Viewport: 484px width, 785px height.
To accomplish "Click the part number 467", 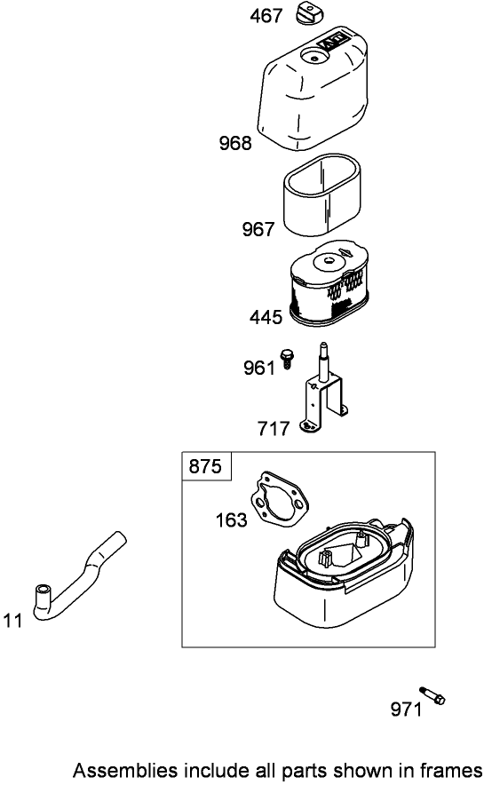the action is [x=266, y=16].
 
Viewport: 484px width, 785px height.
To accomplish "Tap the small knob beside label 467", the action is [x=310, y=12].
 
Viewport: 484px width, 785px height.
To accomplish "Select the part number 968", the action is [x=235, y=143].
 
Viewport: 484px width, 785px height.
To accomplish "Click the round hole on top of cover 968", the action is [x=313, y=59].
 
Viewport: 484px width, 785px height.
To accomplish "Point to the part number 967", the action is [x=258, y=229].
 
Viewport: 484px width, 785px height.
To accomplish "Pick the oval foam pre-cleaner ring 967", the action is [x=322, y=195].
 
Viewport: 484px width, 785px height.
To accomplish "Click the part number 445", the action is [x=266, y=317].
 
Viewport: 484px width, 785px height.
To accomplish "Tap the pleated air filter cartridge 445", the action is [x=329, y=285].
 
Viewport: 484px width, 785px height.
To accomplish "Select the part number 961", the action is [x=259, y=368].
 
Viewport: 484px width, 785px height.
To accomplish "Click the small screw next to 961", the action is [x=288, y=358].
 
